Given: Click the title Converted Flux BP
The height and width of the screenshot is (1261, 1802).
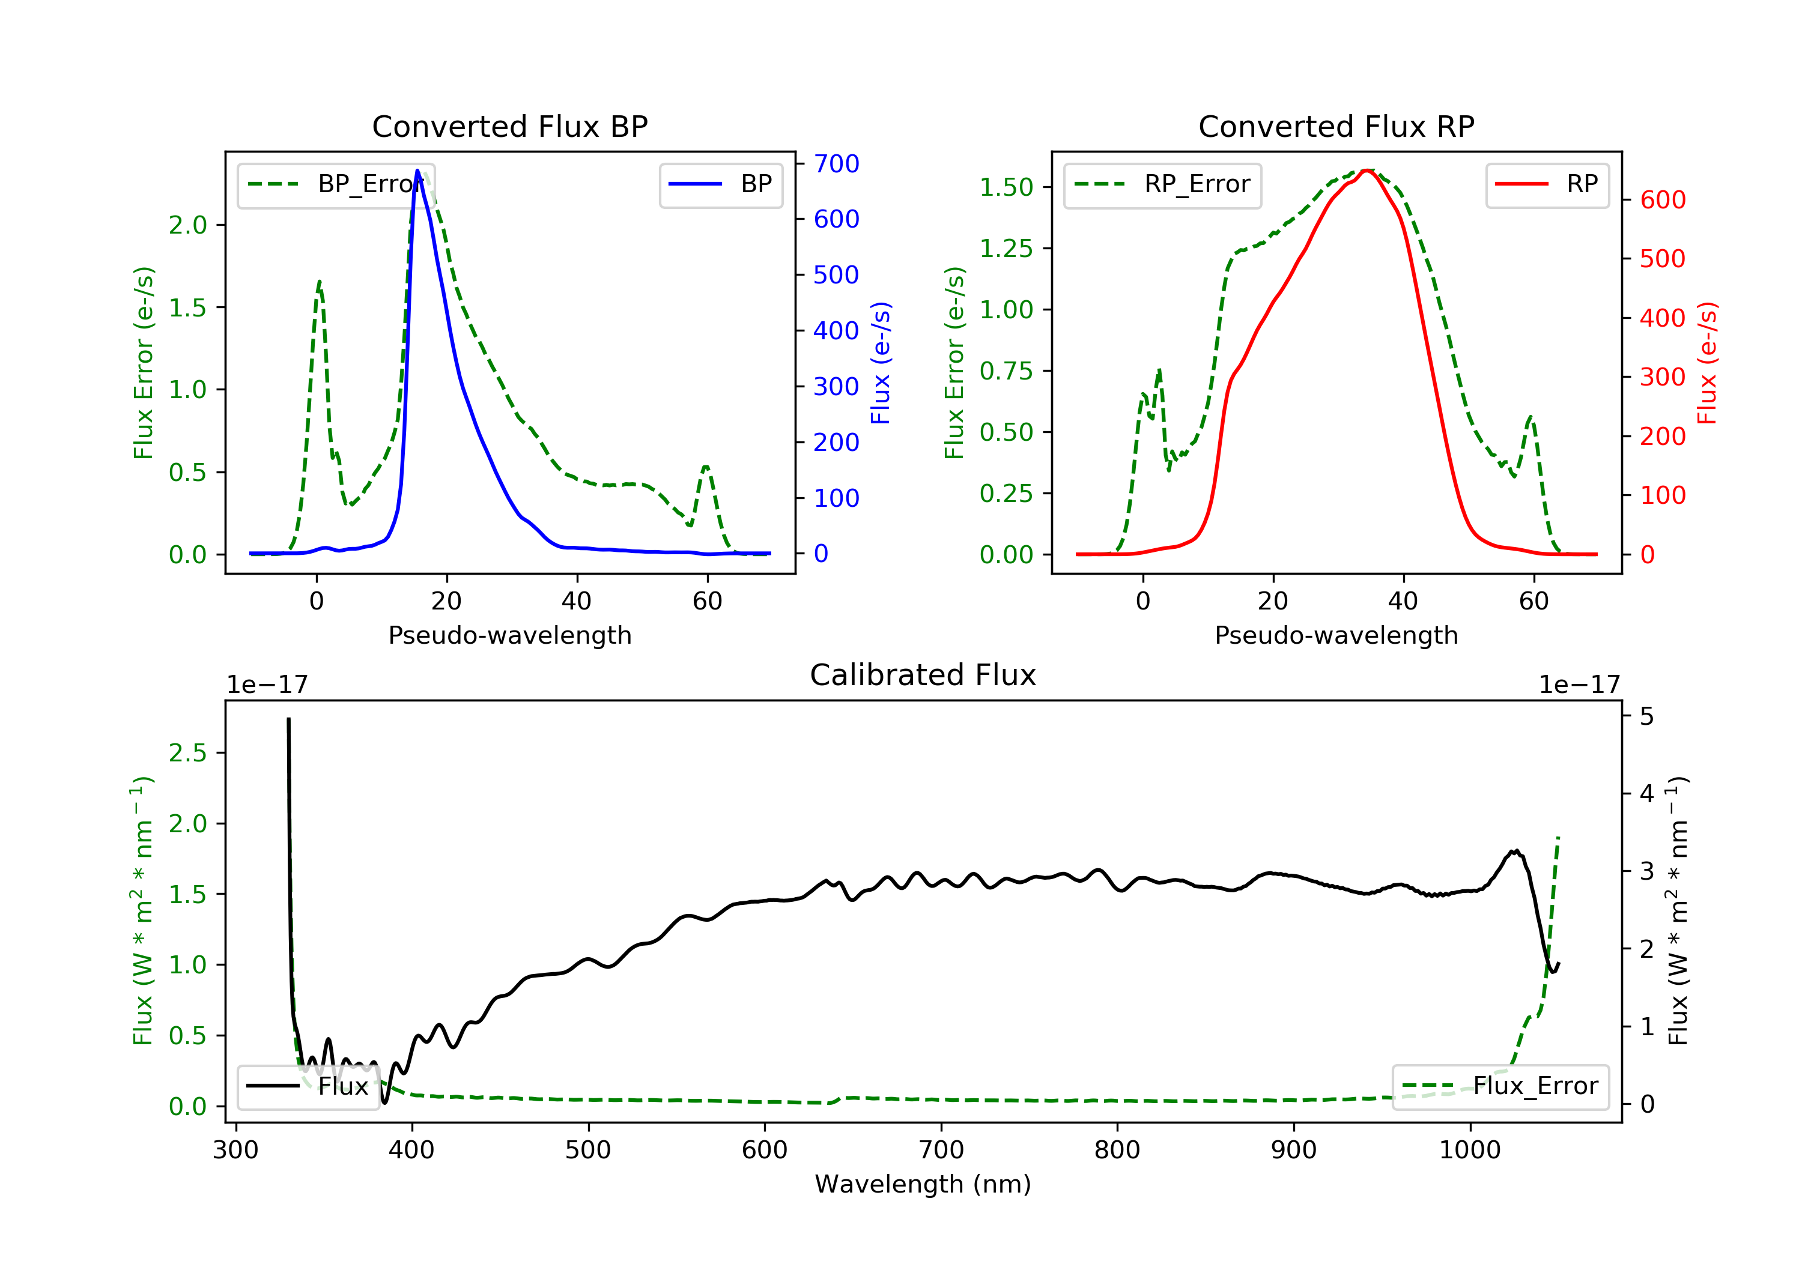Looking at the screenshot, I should (509, 126).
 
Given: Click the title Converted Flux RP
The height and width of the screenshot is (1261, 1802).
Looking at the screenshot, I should (1336, 126).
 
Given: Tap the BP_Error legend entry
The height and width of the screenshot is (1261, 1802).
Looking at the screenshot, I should (335, 184).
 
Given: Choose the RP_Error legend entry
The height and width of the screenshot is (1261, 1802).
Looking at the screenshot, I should (1162, 184).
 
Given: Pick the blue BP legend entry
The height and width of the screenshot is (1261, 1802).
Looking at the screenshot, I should (720, 184).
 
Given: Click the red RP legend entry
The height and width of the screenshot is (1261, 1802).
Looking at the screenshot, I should (1546, 184).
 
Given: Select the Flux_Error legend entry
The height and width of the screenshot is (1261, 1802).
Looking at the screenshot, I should (1500, 1086).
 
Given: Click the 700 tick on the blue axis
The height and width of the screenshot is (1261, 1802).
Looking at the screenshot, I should (836, 163).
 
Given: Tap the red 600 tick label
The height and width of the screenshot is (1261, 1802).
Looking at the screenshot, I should (1662, 200).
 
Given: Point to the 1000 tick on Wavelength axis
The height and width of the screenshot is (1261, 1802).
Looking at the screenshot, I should (1469, 1151).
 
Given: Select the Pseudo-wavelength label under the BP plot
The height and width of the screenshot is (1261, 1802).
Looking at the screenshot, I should (509, 635).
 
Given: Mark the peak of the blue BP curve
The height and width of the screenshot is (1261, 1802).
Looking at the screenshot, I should (417, 171).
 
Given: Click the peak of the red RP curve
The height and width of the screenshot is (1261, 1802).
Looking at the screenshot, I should (1367, 171).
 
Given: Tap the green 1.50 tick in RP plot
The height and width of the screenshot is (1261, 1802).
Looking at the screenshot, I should (1006, 187).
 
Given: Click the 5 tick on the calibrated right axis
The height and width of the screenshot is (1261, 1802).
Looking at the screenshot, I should (1646, 716).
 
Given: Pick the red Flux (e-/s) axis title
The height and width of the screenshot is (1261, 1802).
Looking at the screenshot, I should (1706, 363).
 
